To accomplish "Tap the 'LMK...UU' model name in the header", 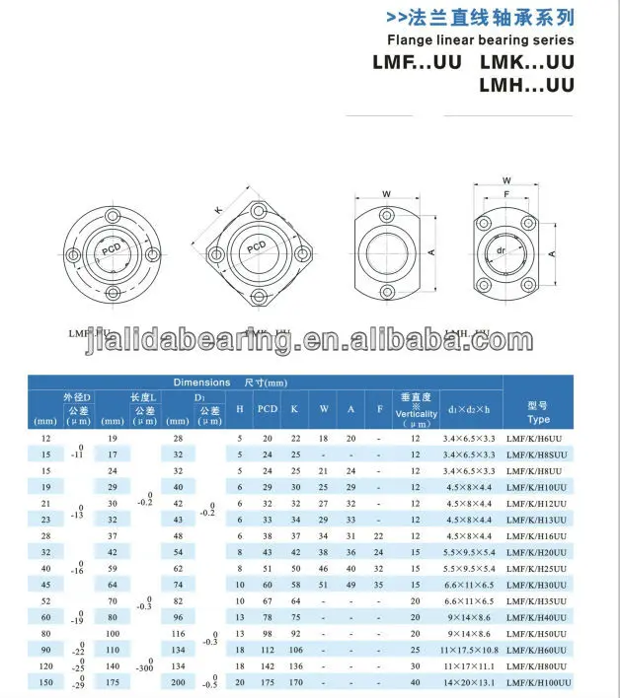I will pyautogui.click(x=526, y=63).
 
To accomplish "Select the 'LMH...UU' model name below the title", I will pyautogui.click(x=526, y=86).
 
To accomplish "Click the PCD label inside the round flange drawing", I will pyautogui.click(x=113, y=252).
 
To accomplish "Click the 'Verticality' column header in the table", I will pyautogui.click(x=416, y=414).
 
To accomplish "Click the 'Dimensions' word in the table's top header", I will pyautogui.click(x=201, y=383).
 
